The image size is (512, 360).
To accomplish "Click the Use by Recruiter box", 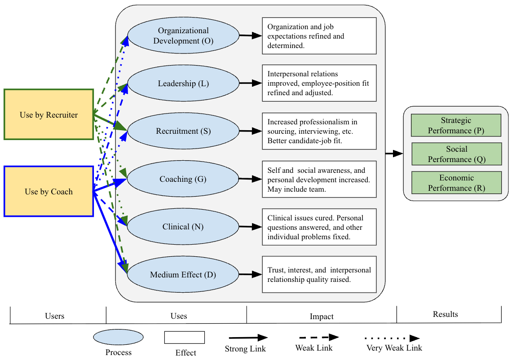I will coord(49,114).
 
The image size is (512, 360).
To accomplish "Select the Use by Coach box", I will coord(49,191).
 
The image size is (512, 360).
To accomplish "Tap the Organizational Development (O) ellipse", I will coord(183,36).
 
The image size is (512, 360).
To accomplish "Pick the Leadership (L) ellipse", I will coord(183,83).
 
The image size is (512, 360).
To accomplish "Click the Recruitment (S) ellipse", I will coord(183,131).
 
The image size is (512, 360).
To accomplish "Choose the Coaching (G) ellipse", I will coord(183,179).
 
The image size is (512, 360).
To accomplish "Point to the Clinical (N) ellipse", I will coord(183,227).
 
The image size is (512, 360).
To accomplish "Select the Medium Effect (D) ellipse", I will coord(183,274).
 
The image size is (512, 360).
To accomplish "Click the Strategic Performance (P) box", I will coord(456,125).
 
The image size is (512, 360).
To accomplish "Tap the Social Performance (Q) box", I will coord(456,154).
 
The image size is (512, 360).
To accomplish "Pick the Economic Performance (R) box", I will coord(456,183).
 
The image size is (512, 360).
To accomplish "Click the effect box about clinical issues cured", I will coord(319,227).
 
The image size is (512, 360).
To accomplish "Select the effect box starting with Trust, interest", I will coord(319,274).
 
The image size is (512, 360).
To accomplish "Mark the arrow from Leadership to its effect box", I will coord(251,83).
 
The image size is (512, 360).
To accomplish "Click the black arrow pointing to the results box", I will coord(394,154).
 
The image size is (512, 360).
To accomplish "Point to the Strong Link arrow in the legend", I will coord(248,338).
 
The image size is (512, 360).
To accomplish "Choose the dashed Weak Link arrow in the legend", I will coord(317,337).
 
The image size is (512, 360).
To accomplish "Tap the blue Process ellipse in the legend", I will coord(118,337).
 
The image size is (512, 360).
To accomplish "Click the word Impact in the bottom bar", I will coord(322,316).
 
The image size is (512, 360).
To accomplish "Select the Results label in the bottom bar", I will coord(446,314).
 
